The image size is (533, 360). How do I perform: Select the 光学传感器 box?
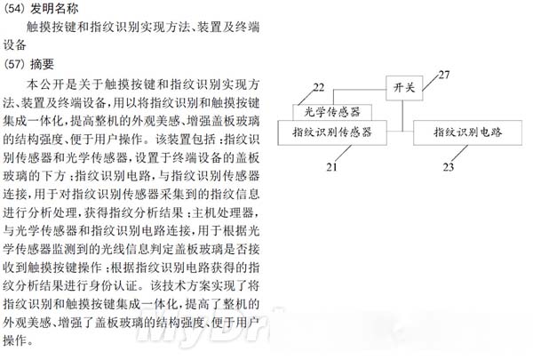330,113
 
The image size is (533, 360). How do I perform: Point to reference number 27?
444,74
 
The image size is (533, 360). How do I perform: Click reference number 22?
317,87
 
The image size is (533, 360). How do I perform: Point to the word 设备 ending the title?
15,45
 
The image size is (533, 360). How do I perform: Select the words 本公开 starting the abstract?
47,84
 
